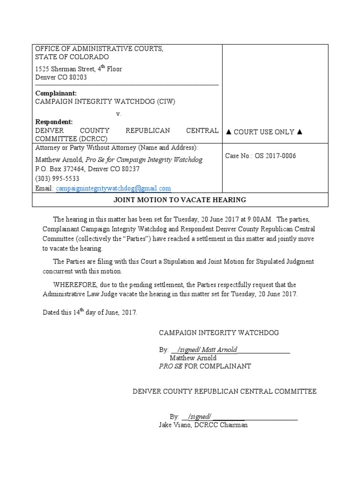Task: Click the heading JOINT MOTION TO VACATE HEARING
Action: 180,200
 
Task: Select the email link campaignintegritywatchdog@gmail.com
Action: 113,188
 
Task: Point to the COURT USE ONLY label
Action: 264,132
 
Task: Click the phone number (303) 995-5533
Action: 57,179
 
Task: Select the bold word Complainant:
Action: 54,93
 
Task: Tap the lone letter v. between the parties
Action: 119,114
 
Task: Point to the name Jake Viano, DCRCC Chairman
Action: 203,425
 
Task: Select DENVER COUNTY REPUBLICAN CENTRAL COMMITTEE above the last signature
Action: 225,391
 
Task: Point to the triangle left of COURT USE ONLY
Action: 229,132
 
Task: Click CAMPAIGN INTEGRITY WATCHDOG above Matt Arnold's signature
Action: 219,333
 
